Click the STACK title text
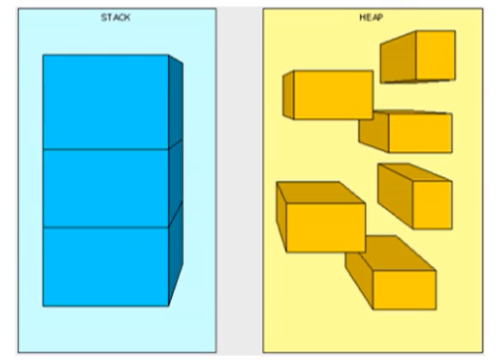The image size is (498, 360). [115, 17]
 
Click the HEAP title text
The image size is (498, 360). [371, 17]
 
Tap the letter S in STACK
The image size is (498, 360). [103, 17]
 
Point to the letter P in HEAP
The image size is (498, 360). [380, 17]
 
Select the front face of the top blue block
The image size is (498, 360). [105, 102]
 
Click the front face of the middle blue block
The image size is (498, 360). [105, 188]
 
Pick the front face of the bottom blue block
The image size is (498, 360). [105, 267]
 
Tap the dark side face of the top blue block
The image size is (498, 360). [176, 101]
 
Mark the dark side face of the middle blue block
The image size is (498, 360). [176, 183]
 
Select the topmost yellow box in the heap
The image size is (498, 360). [417, 57]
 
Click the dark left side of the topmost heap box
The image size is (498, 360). [398, 57]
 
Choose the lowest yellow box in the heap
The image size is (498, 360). [391, 272]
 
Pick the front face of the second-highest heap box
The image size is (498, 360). [333, 94]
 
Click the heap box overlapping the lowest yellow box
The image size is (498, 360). [321, 217]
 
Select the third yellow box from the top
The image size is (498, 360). [406, 131]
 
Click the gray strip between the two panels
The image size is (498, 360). [240, 180]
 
